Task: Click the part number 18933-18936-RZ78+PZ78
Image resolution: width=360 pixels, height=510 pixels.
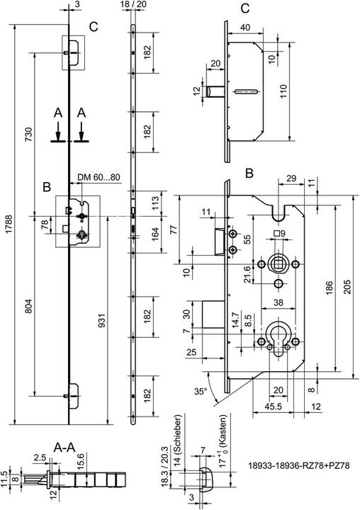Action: (x=300, y=467)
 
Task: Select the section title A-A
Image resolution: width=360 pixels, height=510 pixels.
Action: (x=66, y=448)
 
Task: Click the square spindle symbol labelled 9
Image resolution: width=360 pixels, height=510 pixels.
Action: (x=279, y=233)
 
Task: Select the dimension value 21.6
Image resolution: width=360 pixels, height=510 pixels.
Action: (x=247, y=273)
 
